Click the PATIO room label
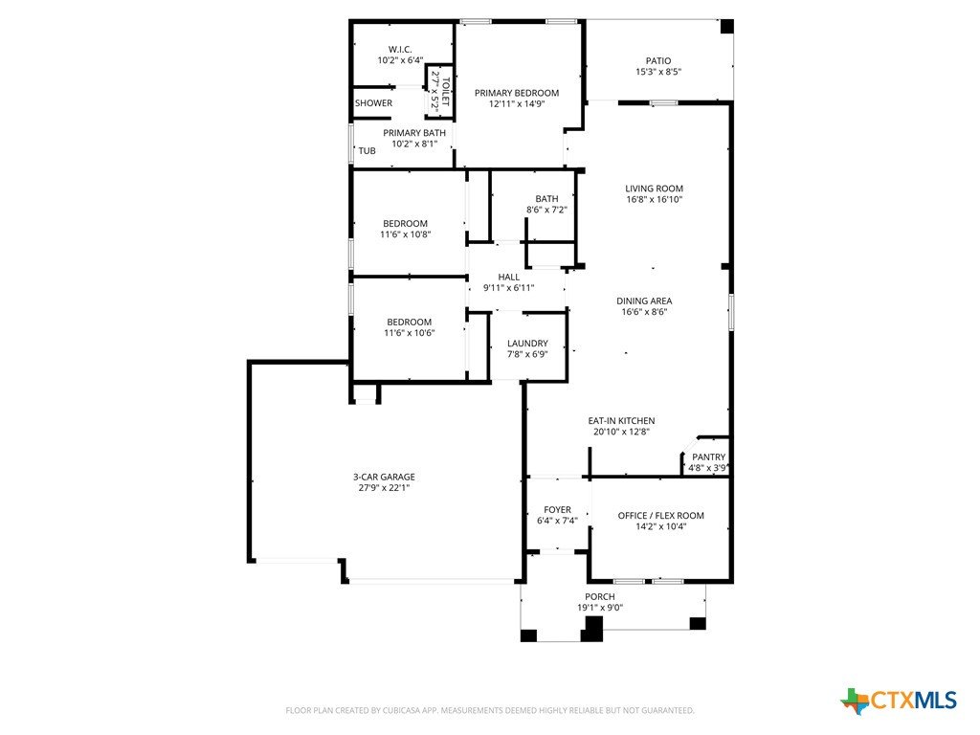[x=658, y=60]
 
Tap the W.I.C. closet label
[x=400, y=50]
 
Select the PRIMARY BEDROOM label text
[x=517, y=93]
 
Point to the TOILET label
[x=446, y=91]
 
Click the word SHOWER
[x=374, y=103]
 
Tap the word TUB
[x=367, y=150]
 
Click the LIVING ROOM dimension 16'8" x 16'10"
[x=655, y=199]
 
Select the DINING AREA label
[x=644, y=301]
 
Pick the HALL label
[x=509, y=277]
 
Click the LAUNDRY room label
[x=527, y=344]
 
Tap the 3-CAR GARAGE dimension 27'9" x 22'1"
[x=384, y=487]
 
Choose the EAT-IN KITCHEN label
[x=621, y=421]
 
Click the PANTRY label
[x=709, y=457]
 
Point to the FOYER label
[x=557, y=509]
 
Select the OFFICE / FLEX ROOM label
[x=660, y=515]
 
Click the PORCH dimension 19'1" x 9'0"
[x=600, y=608]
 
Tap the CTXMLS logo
[x=899, y=701]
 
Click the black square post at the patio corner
[x=727, y=26]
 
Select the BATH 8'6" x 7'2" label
[x=546, y=204]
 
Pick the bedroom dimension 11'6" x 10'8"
[x=405, y=234]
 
